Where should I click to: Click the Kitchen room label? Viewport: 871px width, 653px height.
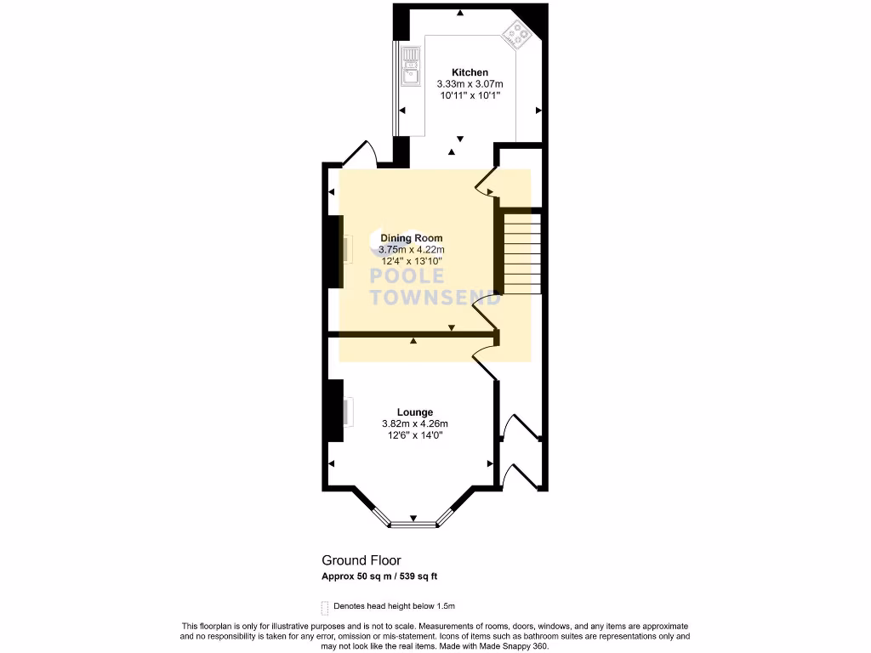coord(470,72)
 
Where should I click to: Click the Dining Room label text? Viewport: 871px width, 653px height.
coord(411,238)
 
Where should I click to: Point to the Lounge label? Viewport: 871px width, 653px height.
coord(413,412)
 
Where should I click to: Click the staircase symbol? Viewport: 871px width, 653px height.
coord(522,253)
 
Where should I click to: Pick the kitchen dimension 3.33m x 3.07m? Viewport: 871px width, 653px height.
coord(470,84)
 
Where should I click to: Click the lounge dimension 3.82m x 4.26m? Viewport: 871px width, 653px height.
coord(413,424)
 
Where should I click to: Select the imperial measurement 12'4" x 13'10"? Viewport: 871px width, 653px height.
coord(412,262)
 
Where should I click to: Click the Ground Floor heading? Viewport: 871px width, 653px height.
coord(361,560)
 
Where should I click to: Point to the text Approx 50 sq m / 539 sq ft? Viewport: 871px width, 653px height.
coord(379,576)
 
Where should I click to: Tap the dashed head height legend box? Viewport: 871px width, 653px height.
coord(324,607)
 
